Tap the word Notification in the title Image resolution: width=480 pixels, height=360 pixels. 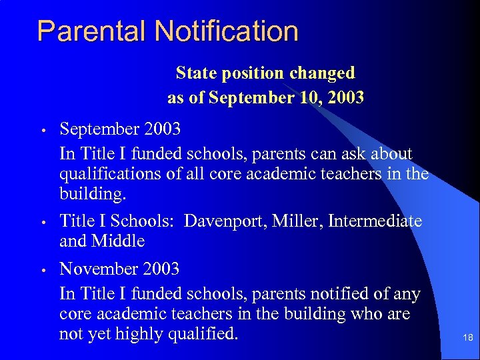coord(227,31)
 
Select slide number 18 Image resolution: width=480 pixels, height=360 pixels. coord(467,338)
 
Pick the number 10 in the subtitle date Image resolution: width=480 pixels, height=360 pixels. coord(311,98)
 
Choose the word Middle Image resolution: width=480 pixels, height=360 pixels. coord(118,241)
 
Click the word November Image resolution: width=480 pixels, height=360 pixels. coord(96,269)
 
